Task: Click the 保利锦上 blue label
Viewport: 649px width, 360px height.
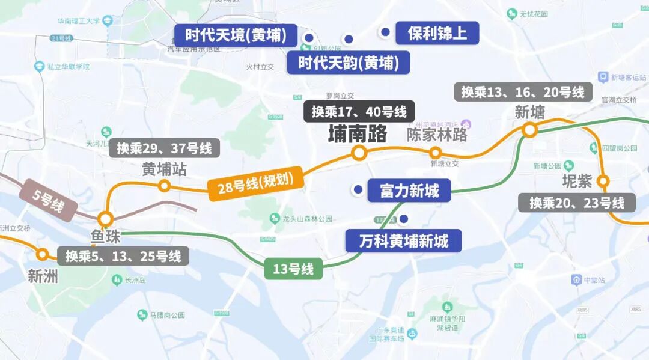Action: click(437, 33)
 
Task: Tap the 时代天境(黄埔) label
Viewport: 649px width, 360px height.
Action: click(235, 35)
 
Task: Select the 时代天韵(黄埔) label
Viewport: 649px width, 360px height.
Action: click(348, 63)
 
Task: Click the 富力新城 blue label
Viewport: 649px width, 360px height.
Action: click(409, 191)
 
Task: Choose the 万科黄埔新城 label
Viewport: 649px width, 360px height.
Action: click(403, 241)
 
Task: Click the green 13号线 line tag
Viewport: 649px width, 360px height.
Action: click(293, 269)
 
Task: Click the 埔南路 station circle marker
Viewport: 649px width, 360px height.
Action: click(359, 153)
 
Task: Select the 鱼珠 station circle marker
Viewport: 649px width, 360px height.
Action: click(106, 218)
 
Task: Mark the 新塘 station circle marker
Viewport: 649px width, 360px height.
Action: click(529, 130)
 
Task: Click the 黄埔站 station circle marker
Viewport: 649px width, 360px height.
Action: click(163, 186)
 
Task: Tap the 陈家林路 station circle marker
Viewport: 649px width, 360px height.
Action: click(437, 153)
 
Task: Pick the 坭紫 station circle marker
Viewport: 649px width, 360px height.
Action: click(603, 180)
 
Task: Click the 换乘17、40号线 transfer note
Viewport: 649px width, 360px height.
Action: click(359, 111)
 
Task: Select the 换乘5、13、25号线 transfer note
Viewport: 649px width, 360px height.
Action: click(123, 256)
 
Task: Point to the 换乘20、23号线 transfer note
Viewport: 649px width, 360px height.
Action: click(577, 203)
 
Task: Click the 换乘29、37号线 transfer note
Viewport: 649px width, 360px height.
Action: click(164, 148)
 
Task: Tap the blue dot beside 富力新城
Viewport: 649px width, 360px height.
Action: click(358, 190)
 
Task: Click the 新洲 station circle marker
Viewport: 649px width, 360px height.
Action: click(42, 254)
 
